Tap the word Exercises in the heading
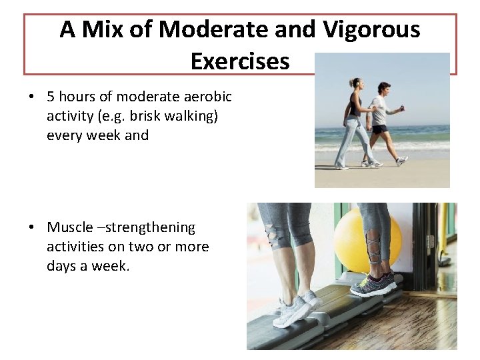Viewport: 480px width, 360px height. tap(240, 61)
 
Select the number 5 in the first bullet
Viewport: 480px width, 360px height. tap(51, 97)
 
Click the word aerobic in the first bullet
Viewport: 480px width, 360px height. tap(207, 97)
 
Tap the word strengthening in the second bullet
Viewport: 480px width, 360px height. tap(152, 227)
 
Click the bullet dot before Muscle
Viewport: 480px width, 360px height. tap(31, 228)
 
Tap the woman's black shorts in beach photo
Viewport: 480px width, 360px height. tap(379, 129)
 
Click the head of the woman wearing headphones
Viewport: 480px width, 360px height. tap(355, 84)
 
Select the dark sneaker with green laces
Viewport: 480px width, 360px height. tap(373, 284)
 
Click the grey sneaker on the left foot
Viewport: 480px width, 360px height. tap(294, 310)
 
